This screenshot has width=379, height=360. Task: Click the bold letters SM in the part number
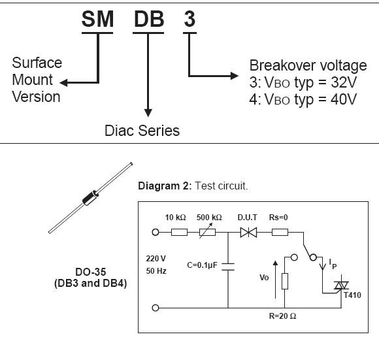click(97, 19)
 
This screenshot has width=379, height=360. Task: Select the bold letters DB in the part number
click(149, 19)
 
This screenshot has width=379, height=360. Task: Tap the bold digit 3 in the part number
click(189, 19)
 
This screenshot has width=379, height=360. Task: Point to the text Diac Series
click(142, 131)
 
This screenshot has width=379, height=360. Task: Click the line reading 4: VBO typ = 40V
click(303, 99)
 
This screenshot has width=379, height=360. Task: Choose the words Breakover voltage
click(308, 65)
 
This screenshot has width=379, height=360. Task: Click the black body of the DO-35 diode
click(90, 198)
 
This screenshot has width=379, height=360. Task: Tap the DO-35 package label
click(91, 272)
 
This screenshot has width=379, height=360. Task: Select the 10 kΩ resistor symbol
click(179, 233)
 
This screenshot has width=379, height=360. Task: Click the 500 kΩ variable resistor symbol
click(207, 232)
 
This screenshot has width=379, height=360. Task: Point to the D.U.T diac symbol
click(248, 233)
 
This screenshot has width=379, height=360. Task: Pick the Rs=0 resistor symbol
click(280, 233)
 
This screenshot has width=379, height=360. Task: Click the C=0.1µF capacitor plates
click(228, 267)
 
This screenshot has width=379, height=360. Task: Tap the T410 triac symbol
click(341, 286)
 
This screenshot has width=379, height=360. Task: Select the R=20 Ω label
click(282, 316)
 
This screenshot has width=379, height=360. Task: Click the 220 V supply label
click(156, 259)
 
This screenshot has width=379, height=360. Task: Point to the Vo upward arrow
click(275, 280)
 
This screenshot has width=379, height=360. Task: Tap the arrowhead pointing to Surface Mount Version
click(63, 82)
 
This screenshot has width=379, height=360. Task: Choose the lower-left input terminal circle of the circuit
click(156, 308)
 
